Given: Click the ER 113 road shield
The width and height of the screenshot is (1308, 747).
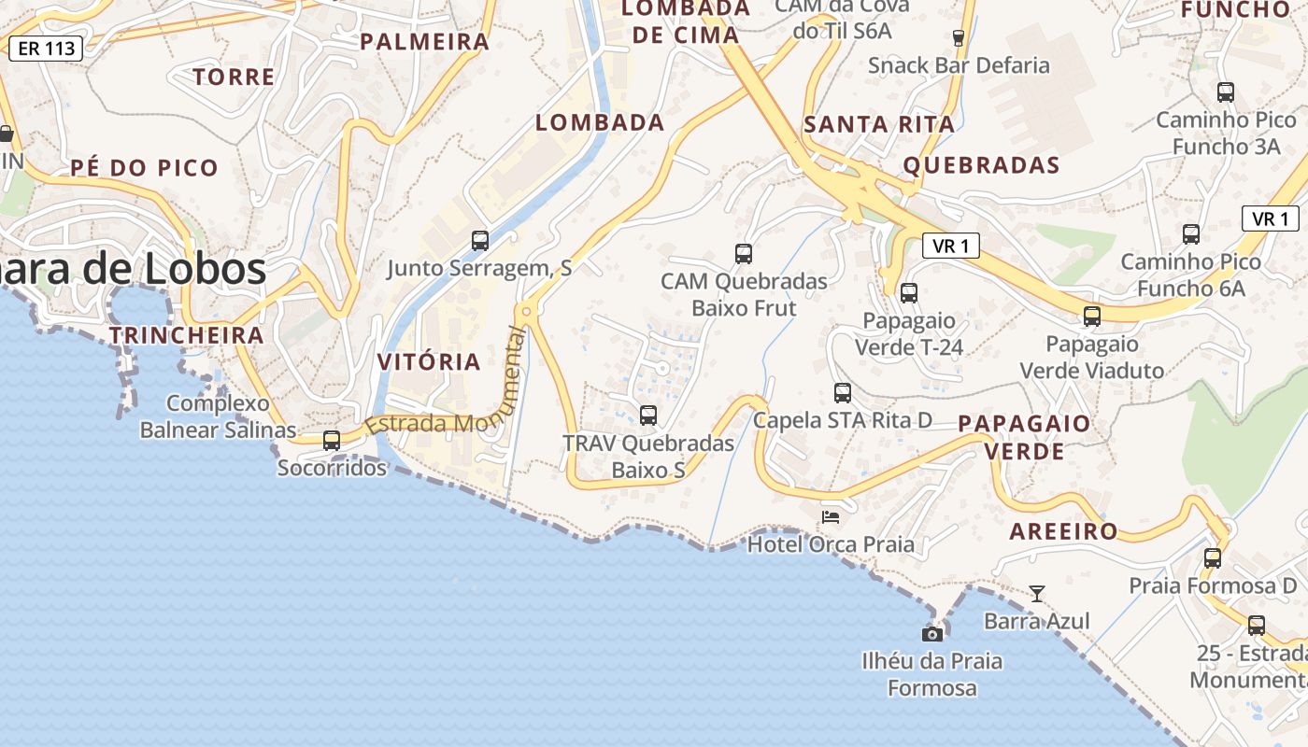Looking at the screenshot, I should pyautogui.click(x=46, y=49).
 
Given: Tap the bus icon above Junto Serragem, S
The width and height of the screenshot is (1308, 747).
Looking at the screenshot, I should pyautogui.click(x=480, y=241).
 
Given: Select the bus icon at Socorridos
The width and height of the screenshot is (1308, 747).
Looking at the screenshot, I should pyautogui.click(x=332, y=440).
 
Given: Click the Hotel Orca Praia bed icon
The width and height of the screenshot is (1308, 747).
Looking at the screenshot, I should pyautogui.click(x=831, y=516).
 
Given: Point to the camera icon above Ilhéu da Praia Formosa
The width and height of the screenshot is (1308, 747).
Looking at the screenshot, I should pyautogui.click(x=931, y=634).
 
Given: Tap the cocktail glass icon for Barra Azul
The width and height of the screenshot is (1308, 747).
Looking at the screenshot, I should pyautogui.click(x=1037, y=593).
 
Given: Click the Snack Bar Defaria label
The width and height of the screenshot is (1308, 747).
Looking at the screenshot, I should pyautogui.click(x=959, y=65).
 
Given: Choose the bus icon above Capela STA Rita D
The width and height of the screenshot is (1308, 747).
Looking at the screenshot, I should pyautogui.click(x=843, y=393).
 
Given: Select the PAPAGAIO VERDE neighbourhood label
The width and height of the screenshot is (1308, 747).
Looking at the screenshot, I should pyautogui.click(x=1024, y=437).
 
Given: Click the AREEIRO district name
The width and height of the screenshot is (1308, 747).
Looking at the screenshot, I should pyautogui.click(x=1063, y=531).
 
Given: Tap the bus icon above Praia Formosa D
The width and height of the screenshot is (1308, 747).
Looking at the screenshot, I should pyautogui.click(x=1213, y=558).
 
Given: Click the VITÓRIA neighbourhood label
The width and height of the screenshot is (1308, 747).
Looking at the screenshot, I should pyautogui.click(x=429, y=361).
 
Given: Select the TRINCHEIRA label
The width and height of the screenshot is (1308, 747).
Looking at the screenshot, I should pyautogui.click(x=186, y=334).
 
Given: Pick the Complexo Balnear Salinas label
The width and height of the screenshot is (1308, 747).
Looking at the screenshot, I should pyautogui.click(x=218, y=416).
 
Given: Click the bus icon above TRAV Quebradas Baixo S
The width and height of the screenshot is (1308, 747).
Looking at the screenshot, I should pyautogui.click(x=648, y=416).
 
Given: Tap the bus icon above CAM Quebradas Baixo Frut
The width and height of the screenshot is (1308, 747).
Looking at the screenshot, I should pyautogui.click(x=744, y=253).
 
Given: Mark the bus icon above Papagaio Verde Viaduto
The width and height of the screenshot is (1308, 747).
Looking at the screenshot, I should pyautogui.click(x=1092, y=317).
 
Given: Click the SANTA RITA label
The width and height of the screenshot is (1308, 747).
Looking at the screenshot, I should pyautogui.click(x=879, y=123).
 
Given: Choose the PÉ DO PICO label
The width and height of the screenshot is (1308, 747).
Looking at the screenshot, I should pyautogui.click(x=145, y=168).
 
